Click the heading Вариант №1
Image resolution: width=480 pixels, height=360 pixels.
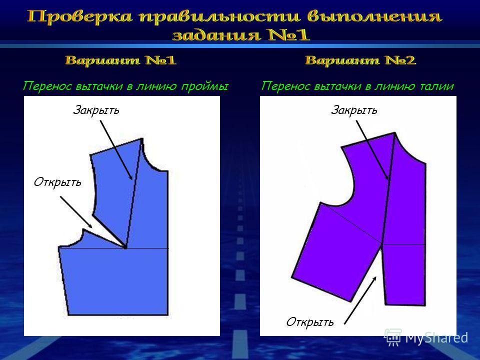click(x=120, y=60)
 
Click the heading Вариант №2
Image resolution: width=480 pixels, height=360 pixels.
click(x=360, y=60)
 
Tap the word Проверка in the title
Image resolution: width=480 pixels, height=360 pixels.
click(x=79, y=16)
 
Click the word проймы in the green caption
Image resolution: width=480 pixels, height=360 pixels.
click(x=204, y=86)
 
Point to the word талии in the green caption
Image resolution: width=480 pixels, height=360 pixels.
click(x=436, y=86)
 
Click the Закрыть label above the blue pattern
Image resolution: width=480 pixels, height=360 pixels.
click(x=96, y=110)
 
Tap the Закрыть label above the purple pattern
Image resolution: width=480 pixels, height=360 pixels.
click(x=354, y=110)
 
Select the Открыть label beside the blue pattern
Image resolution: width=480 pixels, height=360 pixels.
click(x=57, y=182)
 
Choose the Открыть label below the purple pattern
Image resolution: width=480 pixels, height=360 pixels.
click(x=310, y=322)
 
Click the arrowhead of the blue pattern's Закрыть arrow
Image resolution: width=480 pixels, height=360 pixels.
click(x=130, y=177)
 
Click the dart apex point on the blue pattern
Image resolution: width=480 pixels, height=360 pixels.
click(x=125, y=246)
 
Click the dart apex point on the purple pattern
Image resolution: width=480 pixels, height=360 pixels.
click(x=382, y=243)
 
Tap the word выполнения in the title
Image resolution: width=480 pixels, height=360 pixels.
click(x=374, y=17)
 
